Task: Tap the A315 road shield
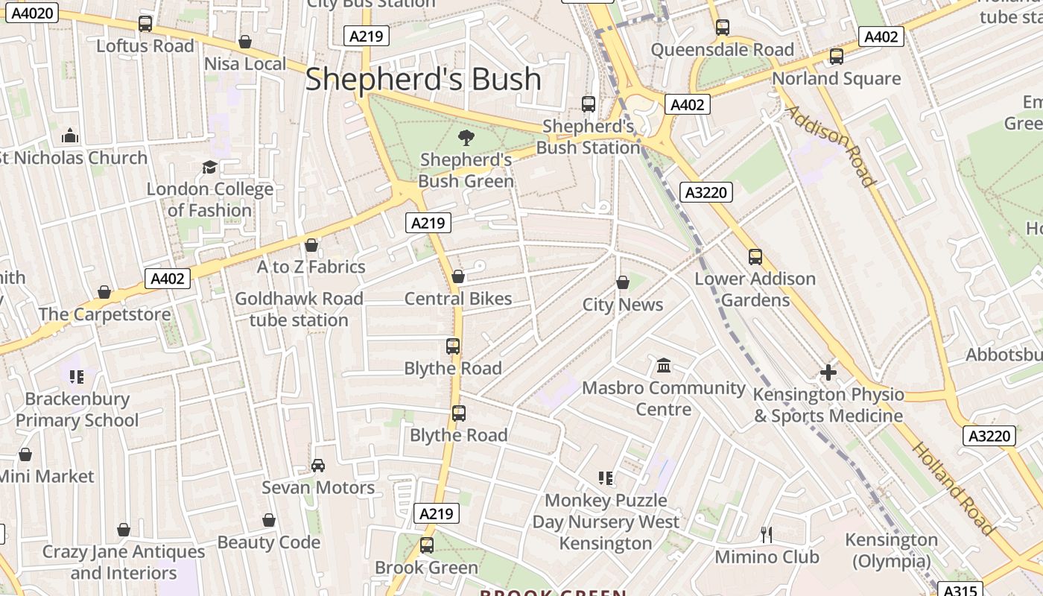coord(961,590)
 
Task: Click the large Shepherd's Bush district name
coord(423,79)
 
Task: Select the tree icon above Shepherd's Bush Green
coord(466,137)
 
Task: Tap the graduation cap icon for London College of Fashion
coord(209,167)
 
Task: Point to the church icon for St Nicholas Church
coord(70,136)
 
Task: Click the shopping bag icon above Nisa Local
coord(245,42)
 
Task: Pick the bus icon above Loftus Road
coord(145,24)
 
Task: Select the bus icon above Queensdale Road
coord(722,28)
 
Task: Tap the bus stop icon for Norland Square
coord(837,57)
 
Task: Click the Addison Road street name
coord(830,146)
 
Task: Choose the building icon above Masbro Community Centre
coord(664,366)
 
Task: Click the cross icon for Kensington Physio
coord(828,372)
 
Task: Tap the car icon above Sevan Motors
coord(318,466)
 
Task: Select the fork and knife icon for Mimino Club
coord(766,534)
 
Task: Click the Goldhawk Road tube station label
coord(299,309)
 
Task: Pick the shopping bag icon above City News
coord(623,282)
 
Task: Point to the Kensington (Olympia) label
coord(891,550)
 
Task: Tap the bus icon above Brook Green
coord(426,545)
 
